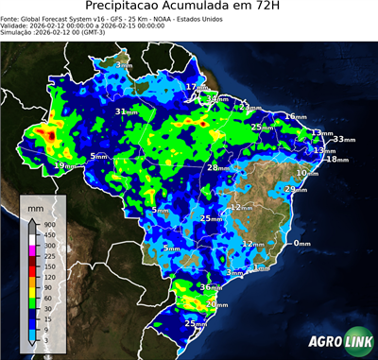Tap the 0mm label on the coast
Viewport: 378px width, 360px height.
click(x=301, y=244)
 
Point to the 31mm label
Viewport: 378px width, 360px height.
click(x=123, y=112)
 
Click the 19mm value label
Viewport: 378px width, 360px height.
click(x=62, y=166)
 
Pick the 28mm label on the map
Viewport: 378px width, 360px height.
click(x=216, y=168)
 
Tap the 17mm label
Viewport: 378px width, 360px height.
click(x=194, y=88)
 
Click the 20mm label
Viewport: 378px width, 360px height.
click(x=216, y=304)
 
